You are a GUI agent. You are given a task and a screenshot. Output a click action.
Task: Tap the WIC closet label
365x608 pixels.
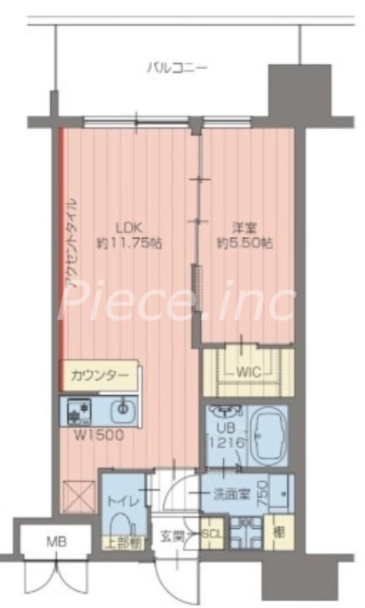(248, 372)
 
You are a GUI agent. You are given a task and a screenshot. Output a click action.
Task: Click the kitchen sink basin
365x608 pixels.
(121, 412)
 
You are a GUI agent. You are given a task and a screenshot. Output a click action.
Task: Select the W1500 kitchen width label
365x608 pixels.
(96, 435)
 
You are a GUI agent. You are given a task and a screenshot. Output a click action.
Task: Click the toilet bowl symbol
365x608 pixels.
(121, 524)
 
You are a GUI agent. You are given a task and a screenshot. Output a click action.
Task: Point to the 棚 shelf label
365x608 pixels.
(278, 530)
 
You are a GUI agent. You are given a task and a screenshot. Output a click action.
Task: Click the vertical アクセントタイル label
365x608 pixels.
(71, 243)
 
